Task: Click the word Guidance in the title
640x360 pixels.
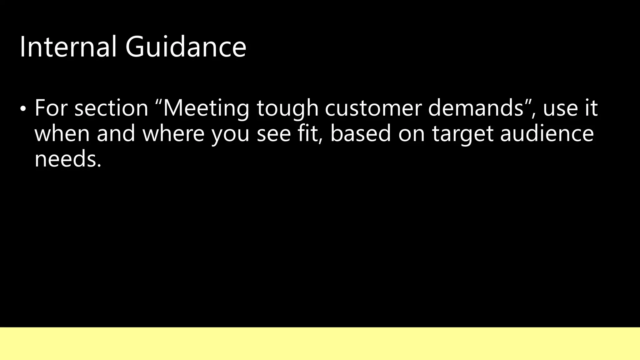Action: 186,47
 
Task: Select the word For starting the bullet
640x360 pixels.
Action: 51,108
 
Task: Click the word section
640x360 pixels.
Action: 111,108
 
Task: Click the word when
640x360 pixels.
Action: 62,133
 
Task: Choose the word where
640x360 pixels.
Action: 173,133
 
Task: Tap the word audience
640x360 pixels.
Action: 547,133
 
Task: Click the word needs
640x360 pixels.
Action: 68,159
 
